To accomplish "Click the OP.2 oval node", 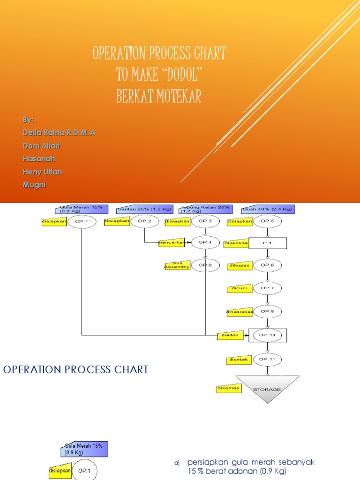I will (x=144, y=221).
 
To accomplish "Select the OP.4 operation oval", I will (x=205, y=242).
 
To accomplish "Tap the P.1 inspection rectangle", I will (x=267, y=243).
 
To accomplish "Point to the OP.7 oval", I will (x=267, y=287).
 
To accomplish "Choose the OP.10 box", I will (x=267, y=335).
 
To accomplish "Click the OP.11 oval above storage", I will (x=267, y=359).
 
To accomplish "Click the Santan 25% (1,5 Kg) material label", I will (x=144, y=209).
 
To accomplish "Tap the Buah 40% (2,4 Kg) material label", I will (x=268, y=209).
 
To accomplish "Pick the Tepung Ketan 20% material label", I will (x=206, y=209).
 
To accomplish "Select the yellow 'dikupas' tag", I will (x=240, y=266).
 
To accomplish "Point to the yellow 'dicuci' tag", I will (x=238, y=288).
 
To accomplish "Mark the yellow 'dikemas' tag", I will (x=228, y=389).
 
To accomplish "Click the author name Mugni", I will (x=35, y=185).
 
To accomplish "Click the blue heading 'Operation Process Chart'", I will (x=75, y=369).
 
